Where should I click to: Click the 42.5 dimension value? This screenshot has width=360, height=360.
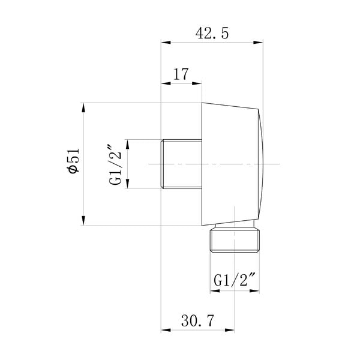coord(212,34)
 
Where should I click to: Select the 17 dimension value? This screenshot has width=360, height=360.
coord(181,74)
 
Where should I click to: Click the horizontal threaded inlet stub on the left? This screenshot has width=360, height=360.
coord(181,164)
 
